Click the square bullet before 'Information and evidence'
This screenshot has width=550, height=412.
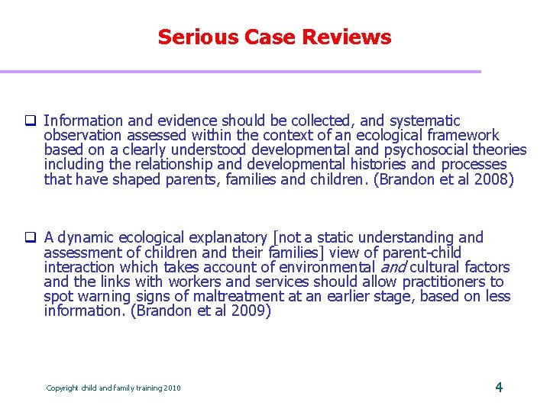(32, 121)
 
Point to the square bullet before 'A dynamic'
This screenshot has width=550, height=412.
(32, 239)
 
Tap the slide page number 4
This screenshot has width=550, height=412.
(499, 387)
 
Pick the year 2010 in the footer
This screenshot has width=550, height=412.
(172, 388)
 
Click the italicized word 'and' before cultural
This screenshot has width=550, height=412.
(393, 267)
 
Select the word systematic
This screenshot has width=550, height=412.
(425, 121)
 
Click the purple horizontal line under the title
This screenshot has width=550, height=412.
(241, 72)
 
